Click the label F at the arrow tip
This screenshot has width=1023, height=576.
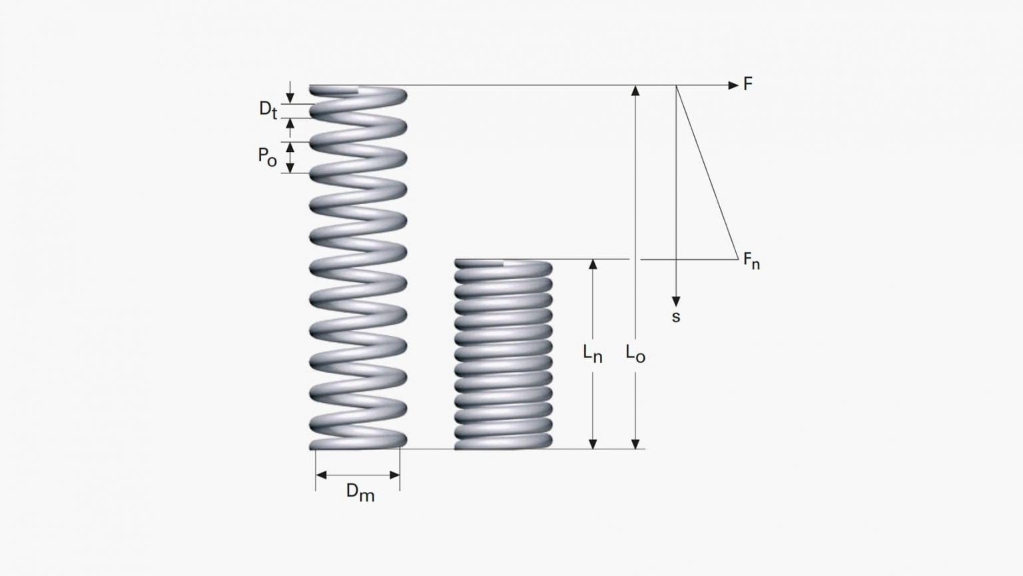(748, 84)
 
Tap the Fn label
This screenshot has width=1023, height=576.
(751, 261)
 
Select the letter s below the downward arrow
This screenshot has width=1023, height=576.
(676, 317)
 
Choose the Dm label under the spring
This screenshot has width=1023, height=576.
(360, 493)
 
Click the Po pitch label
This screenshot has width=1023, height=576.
(267, 157)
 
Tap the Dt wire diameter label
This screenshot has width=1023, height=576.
(268, 109)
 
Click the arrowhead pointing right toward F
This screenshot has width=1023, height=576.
(733, 85)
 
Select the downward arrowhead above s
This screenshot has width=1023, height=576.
(676, 301)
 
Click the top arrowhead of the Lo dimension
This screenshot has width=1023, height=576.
(635, 91)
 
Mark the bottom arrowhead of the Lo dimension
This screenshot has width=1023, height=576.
(635, 443)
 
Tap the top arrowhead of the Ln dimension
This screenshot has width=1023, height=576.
(593, 265)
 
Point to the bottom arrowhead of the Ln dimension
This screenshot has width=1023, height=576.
(593, 443)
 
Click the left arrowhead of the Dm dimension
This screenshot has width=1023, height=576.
(321, 475)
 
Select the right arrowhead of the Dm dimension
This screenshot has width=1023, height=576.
(395, 475)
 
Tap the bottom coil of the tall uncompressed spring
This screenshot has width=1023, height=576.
(358, 441)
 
